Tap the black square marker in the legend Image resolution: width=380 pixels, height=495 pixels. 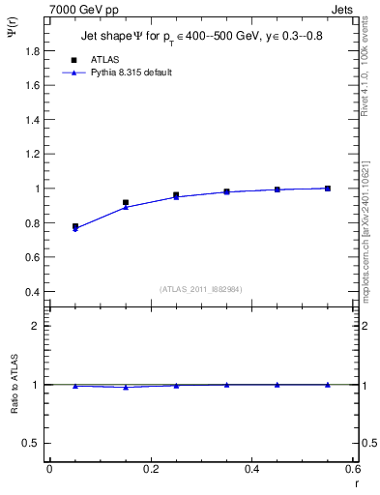click(74, 59)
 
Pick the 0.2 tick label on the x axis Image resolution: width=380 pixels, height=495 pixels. click(150, 469)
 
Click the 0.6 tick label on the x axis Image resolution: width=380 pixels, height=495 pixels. click(353, 469)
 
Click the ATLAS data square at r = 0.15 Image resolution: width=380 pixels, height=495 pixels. click(126, 202)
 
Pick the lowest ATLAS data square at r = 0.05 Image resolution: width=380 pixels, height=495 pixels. click(75, 226)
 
